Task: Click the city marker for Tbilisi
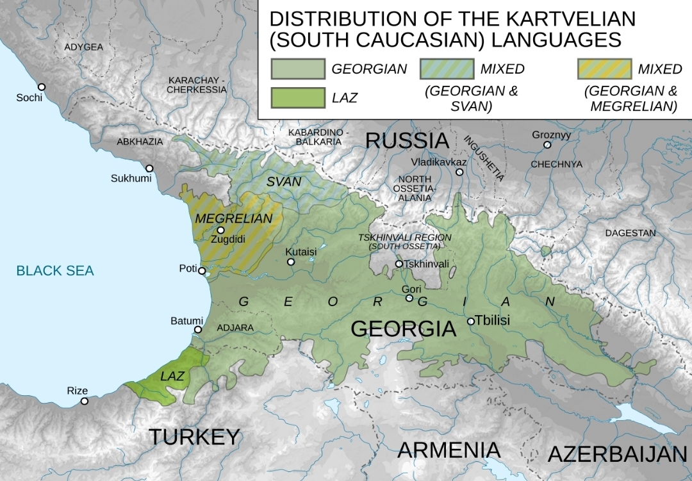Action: [x=471, y=321]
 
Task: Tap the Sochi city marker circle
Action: [x=42, y=86]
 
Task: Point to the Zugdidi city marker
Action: [x=220, y=230]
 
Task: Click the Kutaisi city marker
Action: [x=291, y=262]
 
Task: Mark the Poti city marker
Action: [x=202, y=271]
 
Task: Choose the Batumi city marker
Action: [x=198, y=330]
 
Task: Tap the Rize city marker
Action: [x=84, y=401]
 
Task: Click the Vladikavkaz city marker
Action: [x=459, y=172]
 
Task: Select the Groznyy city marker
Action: [x=547, y=145]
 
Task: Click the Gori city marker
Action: [x=409, y=298]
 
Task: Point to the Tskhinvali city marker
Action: [x=399, y=264]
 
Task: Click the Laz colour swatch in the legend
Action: [x=297, y=97]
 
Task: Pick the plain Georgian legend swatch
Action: [x=297, y=69]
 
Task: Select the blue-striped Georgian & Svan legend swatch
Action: [x=447, y=69]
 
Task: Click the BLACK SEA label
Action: [x=55, y=271]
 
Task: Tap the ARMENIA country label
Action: [x=449, y=450]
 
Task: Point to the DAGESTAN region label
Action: [x=630, y=233]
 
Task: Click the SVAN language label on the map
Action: [x=284, y=181]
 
